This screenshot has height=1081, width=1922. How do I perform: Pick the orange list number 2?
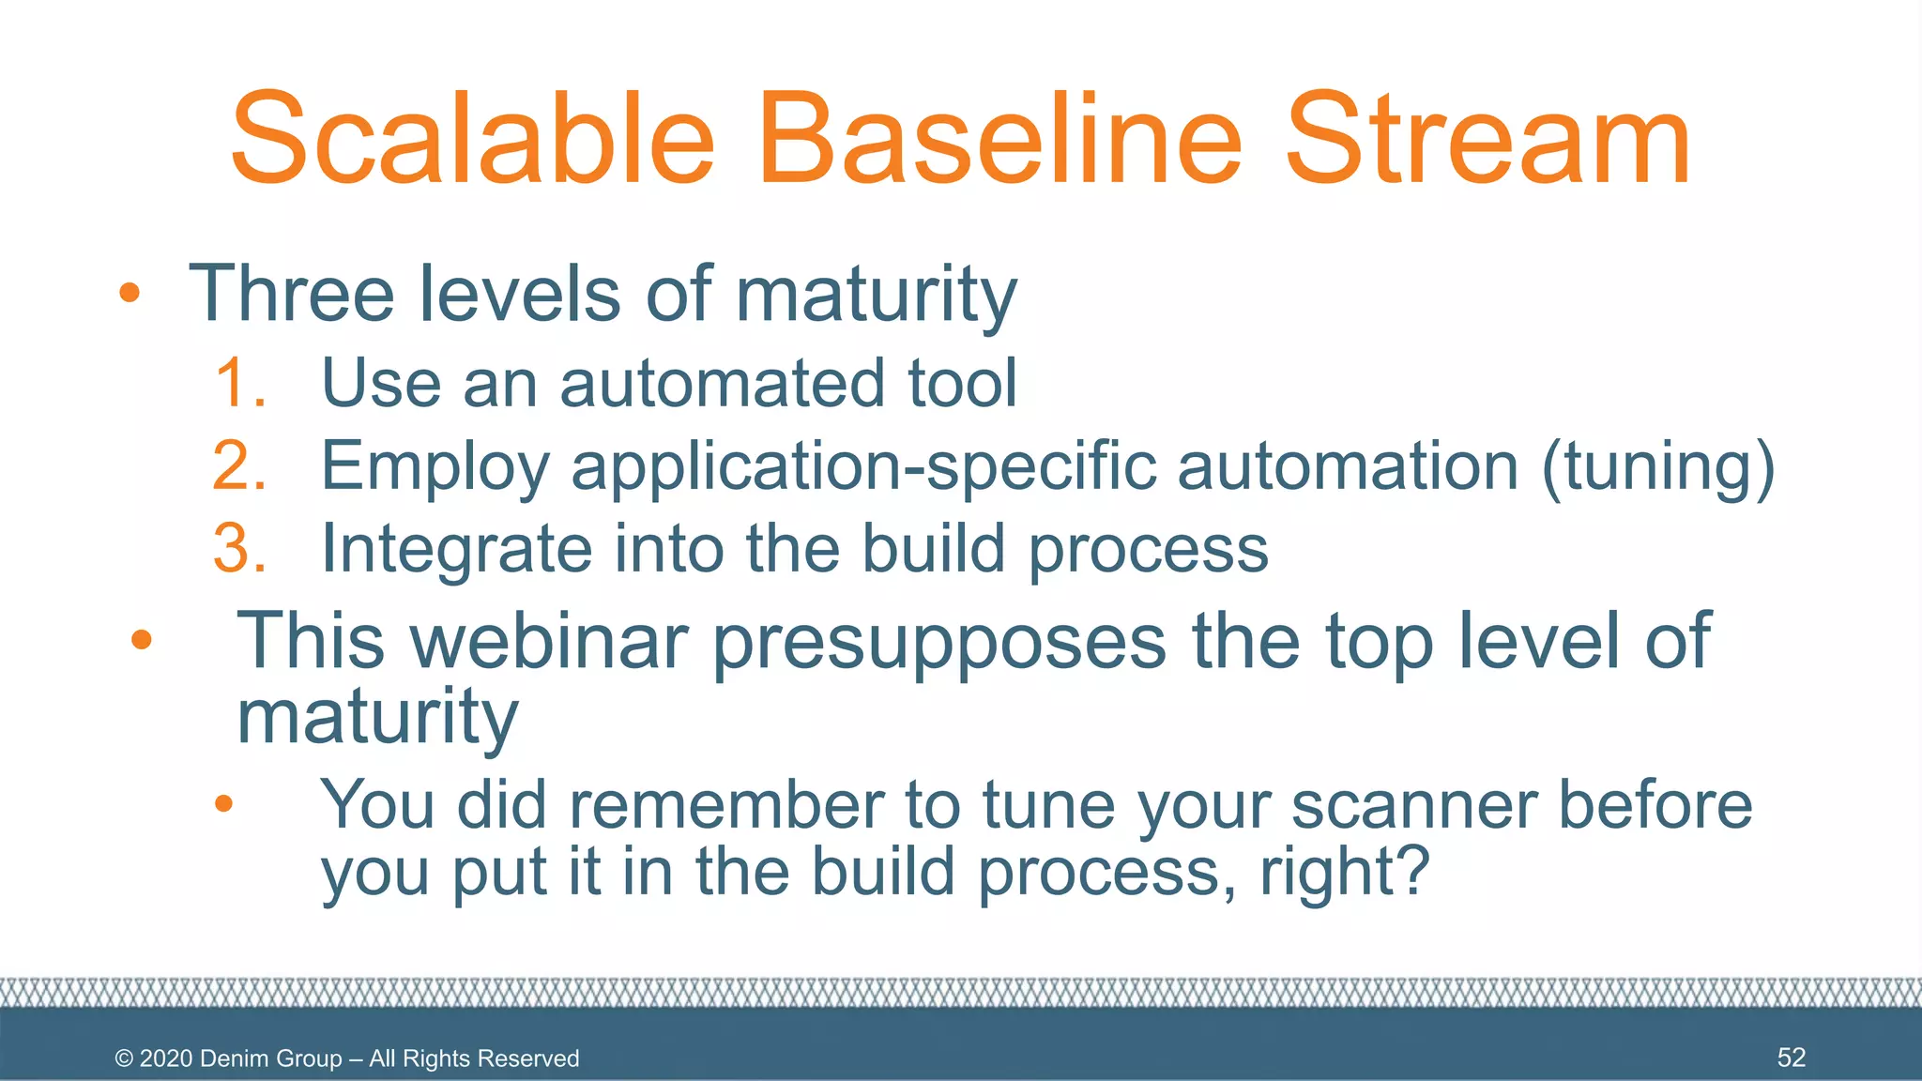(240, 465)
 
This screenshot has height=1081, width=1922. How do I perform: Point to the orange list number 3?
(240, 548)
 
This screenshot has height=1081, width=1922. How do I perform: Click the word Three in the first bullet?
(291, 293)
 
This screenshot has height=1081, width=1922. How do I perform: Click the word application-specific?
(862, 467)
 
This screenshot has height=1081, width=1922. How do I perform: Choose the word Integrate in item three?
(456, 550)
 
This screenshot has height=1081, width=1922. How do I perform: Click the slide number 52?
(1791, 1058)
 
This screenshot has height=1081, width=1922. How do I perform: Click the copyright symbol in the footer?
(124, 1058)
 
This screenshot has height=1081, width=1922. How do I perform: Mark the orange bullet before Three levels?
(130, 293)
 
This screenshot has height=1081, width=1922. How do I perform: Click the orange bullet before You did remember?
(223, 803)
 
